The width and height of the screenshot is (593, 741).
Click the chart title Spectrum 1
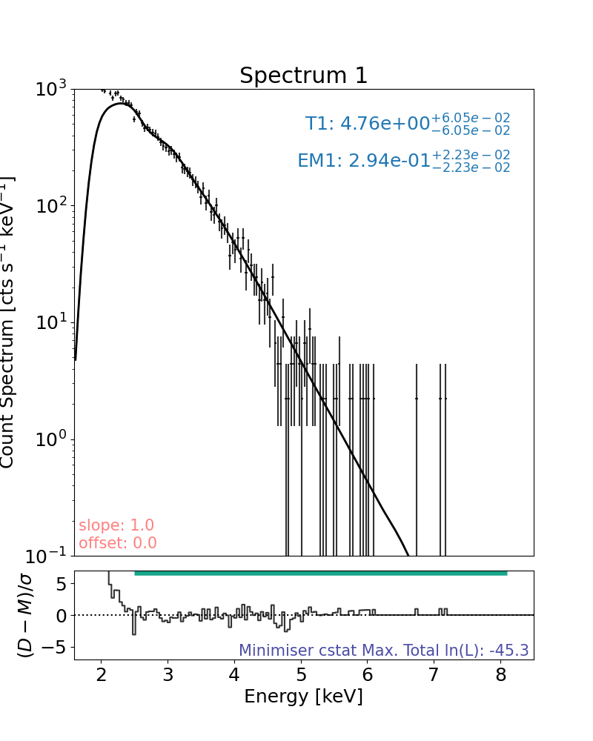click(303, 76)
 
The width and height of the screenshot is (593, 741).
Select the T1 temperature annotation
click(407, 123)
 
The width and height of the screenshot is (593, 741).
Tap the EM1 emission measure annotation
click(403, 160)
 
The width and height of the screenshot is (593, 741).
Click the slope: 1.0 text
click(116, 525)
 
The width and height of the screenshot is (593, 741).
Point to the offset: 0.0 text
click(117, 543)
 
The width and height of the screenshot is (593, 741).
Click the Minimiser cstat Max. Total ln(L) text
click(383, 651)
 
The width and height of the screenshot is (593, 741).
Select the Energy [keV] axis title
click(303, 697)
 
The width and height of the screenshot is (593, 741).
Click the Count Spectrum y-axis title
click(8, 322)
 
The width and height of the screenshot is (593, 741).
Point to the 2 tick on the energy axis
click(102, 674)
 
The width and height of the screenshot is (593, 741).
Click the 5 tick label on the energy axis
click(301, 674)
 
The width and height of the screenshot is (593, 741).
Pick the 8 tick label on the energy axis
click(501, 674)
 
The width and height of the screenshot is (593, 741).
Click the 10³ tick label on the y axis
click(51, 90)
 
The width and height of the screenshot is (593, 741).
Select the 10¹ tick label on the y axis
click(51, 323)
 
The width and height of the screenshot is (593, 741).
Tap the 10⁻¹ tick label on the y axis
click(49, 556)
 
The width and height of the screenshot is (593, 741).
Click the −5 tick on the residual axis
click(57, 648)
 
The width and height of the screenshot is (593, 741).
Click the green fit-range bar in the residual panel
click(320, 573)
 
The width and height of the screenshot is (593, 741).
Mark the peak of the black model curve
click(122, 104)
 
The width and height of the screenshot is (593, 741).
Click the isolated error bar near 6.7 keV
click(417, 399)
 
